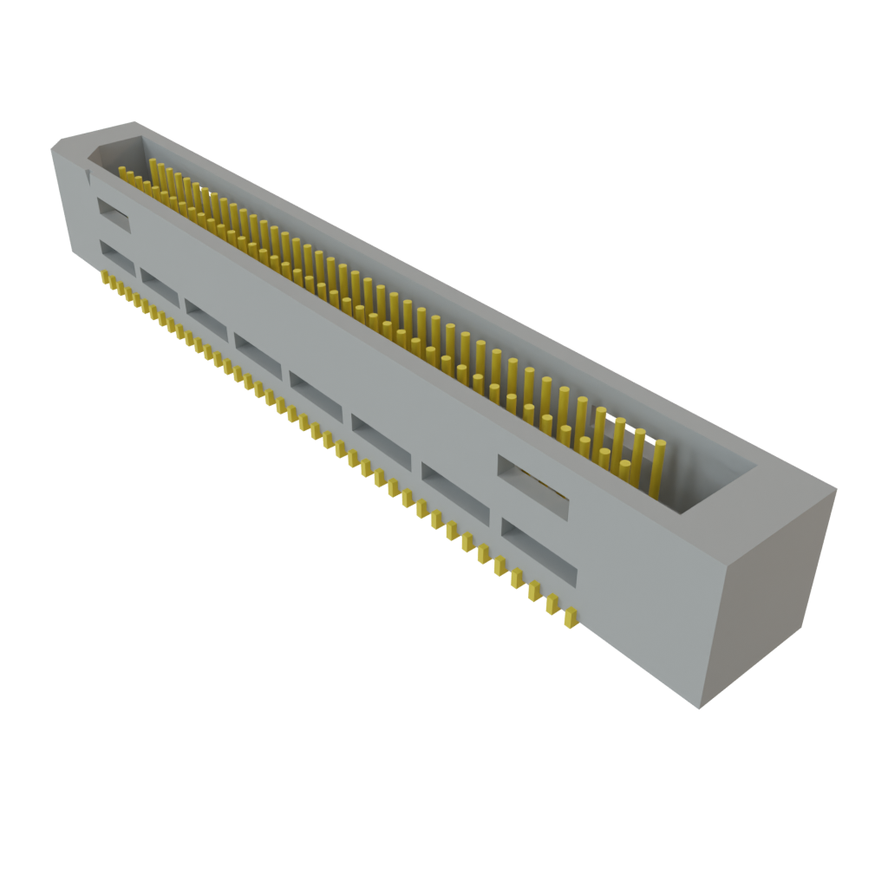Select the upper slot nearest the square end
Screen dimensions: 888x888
tap(532, 487)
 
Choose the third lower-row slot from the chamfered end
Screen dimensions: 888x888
tap(206, 317)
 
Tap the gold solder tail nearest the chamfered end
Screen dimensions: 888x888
tap(105, 277)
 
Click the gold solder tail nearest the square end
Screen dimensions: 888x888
tap(571, 618)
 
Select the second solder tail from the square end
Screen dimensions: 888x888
tap(552, 604)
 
